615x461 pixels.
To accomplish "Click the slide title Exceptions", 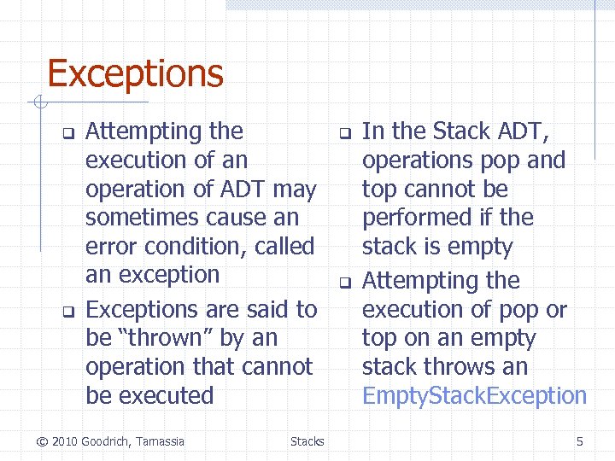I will click(135, 73).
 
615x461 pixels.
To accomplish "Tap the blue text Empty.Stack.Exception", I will click(474, 396).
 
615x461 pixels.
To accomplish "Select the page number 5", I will click(580, 441).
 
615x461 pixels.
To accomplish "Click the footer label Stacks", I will click(307, 441).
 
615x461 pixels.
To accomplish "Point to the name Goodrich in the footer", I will click(105, 441).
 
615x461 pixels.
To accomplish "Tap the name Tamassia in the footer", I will click(161, 441).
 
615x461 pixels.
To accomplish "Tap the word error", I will click(110, 247).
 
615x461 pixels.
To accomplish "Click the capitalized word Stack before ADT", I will click(461, 131).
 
